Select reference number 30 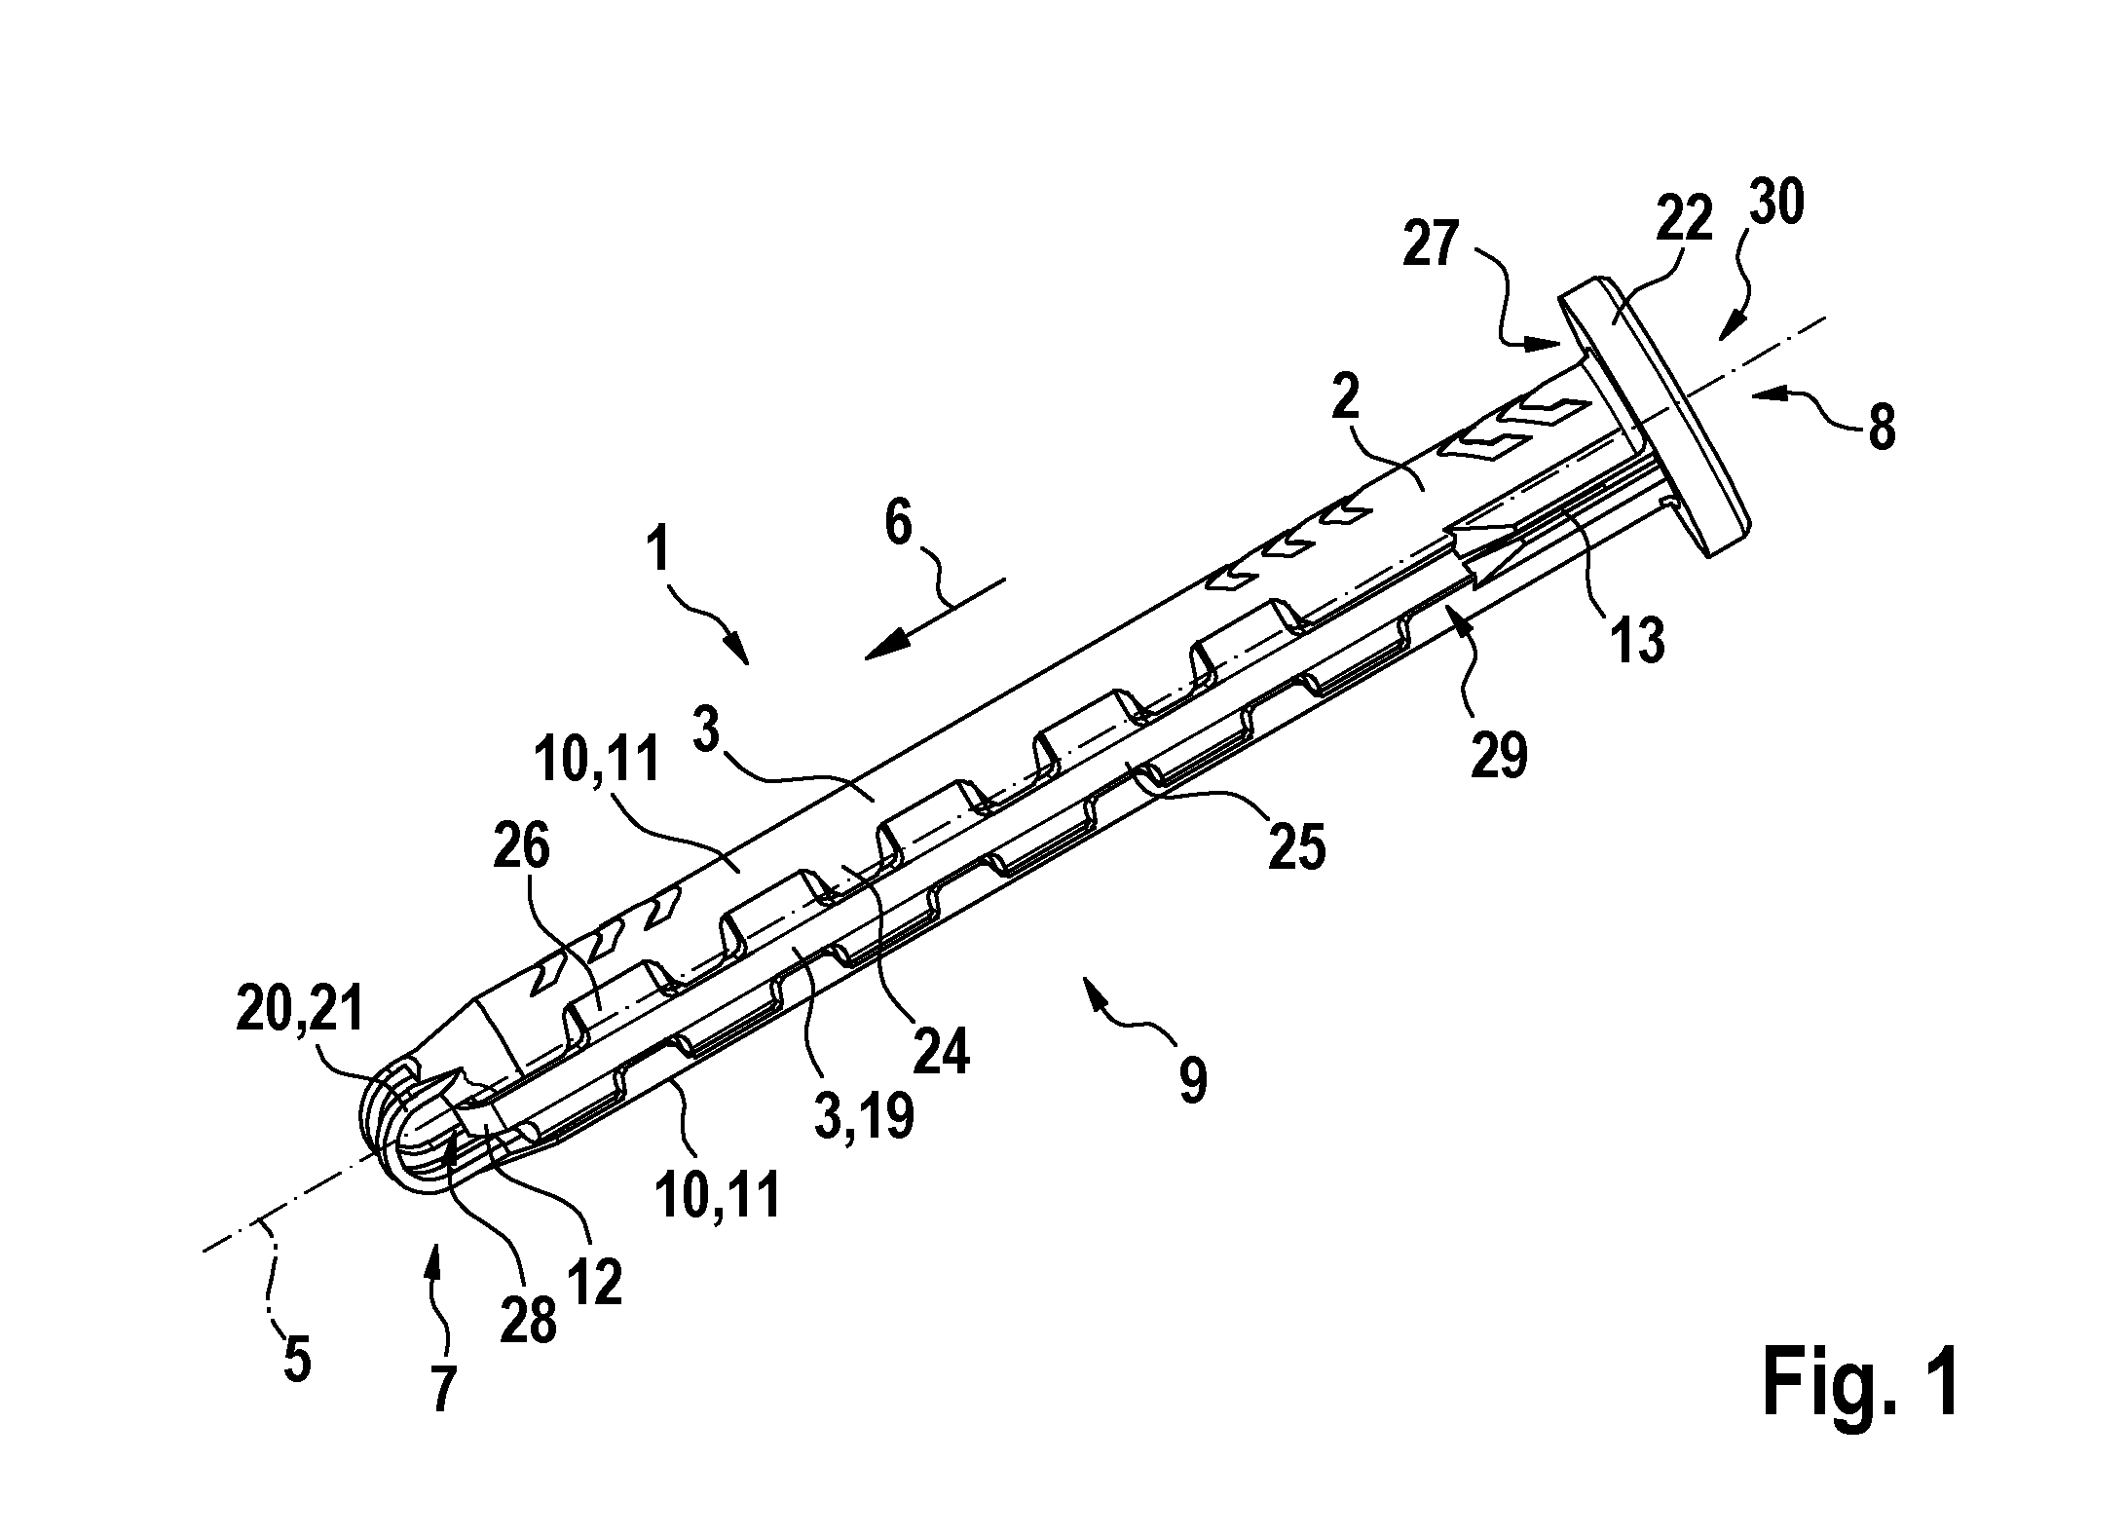1776,205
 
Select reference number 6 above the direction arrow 899,527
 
